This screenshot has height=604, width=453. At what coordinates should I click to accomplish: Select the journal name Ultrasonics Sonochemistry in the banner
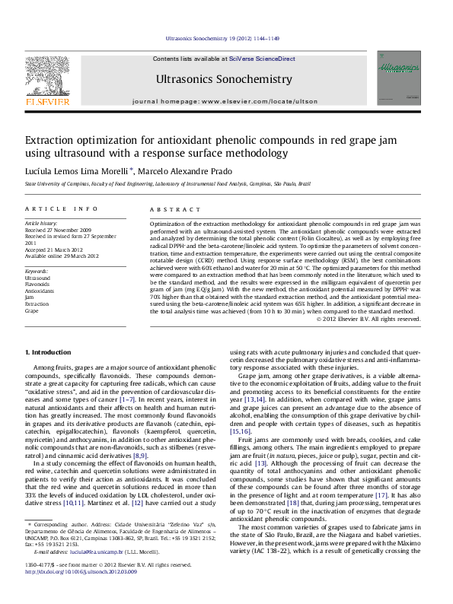(x=223, y=79)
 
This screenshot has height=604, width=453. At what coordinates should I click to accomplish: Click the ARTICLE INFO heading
(x=61, y=208)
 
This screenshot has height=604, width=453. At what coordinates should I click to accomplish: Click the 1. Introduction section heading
(x=50, y=352)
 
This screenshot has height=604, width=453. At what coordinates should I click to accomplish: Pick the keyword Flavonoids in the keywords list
(x=40, y=284)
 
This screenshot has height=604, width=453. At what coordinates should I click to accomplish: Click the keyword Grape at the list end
(x=32, y=311)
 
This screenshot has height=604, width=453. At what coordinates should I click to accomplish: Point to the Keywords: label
(x=37, y=271)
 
